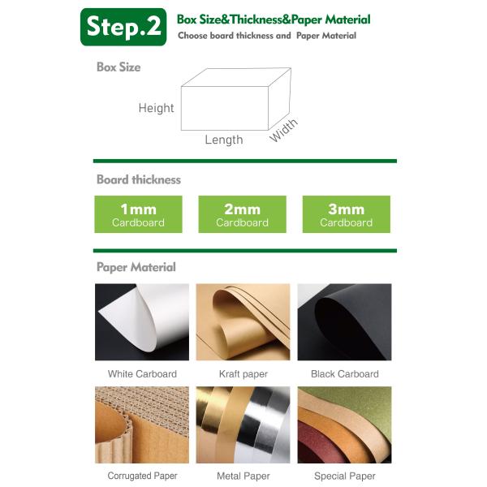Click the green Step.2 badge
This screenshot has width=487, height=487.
pos(123,27)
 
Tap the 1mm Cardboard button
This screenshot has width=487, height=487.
pos(138,214)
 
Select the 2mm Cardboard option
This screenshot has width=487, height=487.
pos(242,214)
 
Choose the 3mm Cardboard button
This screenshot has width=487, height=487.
pos(347,214)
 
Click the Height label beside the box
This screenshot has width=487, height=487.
pos(156,108)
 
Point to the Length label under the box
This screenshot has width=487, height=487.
pos(224,140)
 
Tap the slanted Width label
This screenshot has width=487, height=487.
pos(283,130)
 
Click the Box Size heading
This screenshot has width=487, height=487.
pos(119,67)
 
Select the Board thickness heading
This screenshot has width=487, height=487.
pos(139,179)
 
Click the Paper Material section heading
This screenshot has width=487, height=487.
pos(136,267)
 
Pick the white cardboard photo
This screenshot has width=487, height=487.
pos(142,322)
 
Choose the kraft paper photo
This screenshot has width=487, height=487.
pos(243,322)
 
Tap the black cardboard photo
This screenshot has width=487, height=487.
pos(344,322)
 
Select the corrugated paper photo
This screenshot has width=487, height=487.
pos(142,425)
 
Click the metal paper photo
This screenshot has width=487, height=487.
pos(243,425)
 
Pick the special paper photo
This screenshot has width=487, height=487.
pos(344,425)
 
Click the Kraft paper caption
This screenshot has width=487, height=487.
pos(243,374)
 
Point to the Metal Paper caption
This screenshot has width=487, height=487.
pos(243,476)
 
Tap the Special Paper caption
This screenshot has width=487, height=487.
pos(345,476)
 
